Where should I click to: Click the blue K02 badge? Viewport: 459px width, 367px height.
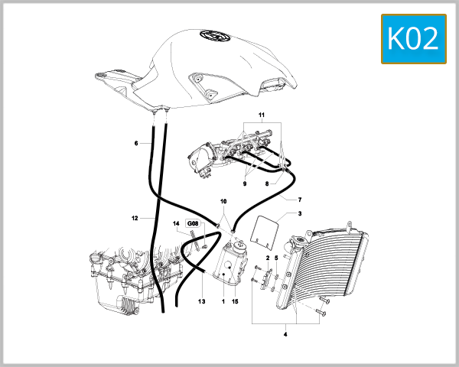tap(414, 38)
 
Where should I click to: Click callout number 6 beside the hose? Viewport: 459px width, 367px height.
tap(136, 143)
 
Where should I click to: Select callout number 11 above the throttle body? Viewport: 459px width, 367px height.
tap(261, 115)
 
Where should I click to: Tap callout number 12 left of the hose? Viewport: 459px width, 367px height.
tap(134, 218)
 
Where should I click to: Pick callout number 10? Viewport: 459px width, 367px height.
tap(224, 201)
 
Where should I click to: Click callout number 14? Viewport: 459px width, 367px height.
tap(175, 223)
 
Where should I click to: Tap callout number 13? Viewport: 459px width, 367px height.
tap(202, 302)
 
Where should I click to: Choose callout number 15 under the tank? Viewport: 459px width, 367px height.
tap(235, 302)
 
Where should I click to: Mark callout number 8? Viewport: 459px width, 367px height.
tap(268, 183)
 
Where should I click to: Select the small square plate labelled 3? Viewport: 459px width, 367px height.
tap(265, 231)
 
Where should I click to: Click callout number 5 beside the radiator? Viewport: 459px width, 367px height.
tap(276, 258)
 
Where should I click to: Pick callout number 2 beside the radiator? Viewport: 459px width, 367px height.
tap(267, 258)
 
